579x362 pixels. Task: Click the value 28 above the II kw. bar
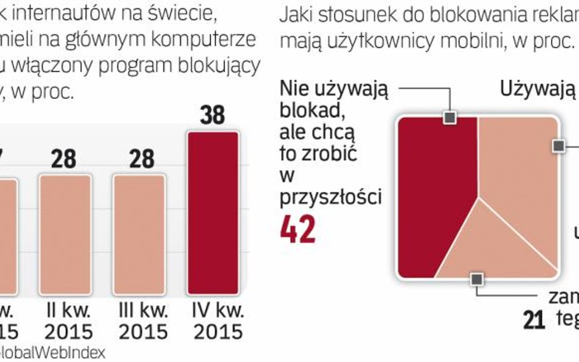(64, 159)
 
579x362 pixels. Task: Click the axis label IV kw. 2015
(214, 321)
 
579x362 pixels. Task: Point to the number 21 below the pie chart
(534, 320)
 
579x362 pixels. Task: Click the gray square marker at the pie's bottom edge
(477, 279)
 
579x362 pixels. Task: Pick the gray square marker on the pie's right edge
(558, 145)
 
